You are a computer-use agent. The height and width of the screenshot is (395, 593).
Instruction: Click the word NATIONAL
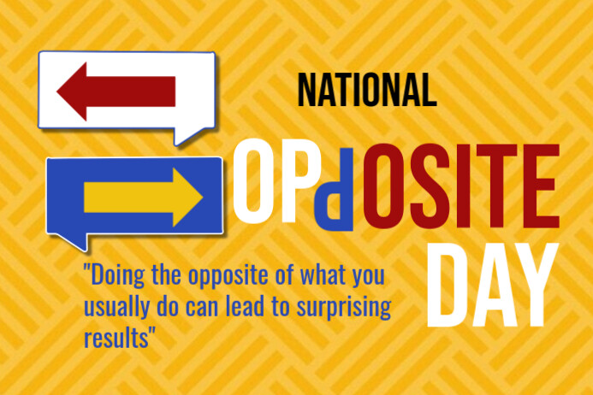click(x=366, y=88)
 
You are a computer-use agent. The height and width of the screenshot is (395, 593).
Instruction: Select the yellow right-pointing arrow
click(x=143, y=197)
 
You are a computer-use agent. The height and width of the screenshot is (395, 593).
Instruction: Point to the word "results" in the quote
click(x=117, y=336)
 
